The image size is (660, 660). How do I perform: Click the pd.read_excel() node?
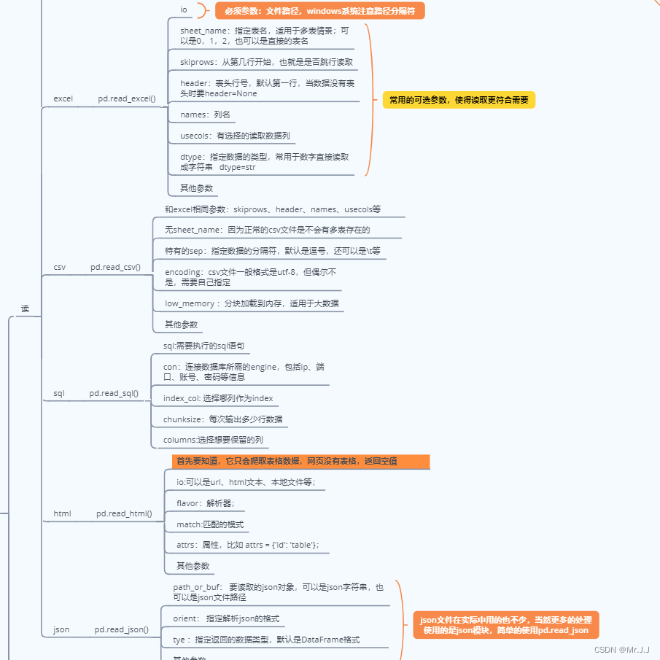(x=127, y=98)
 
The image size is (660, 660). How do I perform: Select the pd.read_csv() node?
(x=115, y=267)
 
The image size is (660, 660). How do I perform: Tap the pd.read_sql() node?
(x=114, y=393)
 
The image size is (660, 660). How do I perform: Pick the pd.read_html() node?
(x=124, y=513)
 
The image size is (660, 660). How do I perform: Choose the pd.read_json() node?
(x=121, y=629)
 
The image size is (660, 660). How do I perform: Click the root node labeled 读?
(x=26, y=309)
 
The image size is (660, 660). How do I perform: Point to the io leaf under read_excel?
(x=184, y=10)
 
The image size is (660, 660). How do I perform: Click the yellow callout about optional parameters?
(x=459, y=100)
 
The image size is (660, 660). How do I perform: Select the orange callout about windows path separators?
(x=319, y=11)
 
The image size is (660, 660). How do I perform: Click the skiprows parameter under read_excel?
(x=266, y=62)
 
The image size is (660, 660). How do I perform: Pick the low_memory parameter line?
(x=252, y=303)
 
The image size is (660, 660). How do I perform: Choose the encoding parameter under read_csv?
(x=250, y=276)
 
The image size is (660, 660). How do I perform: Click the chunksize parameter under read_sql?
(x=222, y=419)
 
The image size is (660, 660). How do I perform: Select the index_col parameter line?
(x=218, y=398)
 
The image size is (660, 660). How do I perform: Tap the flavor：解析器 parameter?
(x=206, y=503)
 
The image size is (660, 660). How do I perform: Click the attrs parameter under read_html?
(x=247, y=545)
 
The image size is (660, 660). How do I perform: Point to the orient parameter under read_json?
(x=226, y=618)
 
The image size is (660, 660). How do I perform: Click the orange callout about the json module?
(x=505, y=625)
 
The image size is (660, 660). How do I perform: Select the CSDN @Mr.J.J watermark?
(x=621, y=649)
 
